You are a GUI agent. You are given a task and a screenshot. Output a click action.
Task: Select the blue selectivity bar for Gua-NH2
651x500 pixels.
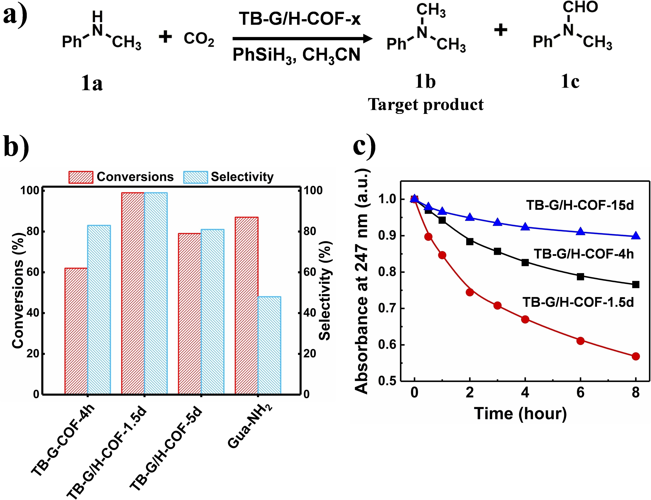(x=269, y=345)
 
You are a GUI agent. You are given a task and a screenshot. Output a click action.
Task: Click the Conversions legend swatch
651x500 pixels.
(x=81, y=177)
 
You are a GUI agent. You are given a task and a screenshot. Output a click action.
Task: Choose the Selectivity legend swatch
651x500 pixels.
(x=195, y=177)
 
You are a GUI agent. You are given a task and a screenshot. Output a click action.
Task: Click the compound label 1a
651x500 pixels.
(x=92, y=84)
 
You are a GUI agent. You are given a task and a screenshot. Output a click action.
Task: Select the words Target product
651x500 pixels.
(x=426, y=105)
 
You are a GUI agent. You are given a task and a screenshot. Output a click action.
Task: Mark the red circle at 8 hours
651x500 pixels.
(x=636, y=356)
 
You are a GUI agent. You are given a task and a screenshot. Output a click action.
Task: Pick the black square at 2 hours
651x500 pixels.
(x=470, y=241)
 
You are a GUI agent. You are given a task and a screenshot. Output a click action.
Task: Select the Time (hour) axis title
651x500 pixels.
(x=520, y=414)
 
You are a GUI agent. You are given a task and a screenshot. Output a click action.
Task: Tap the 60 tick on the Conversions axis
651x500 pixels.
(x=33, y=272)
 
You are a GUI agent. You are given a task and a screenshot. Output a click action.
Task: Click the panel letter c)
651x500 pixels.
(x=364, y=146)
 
